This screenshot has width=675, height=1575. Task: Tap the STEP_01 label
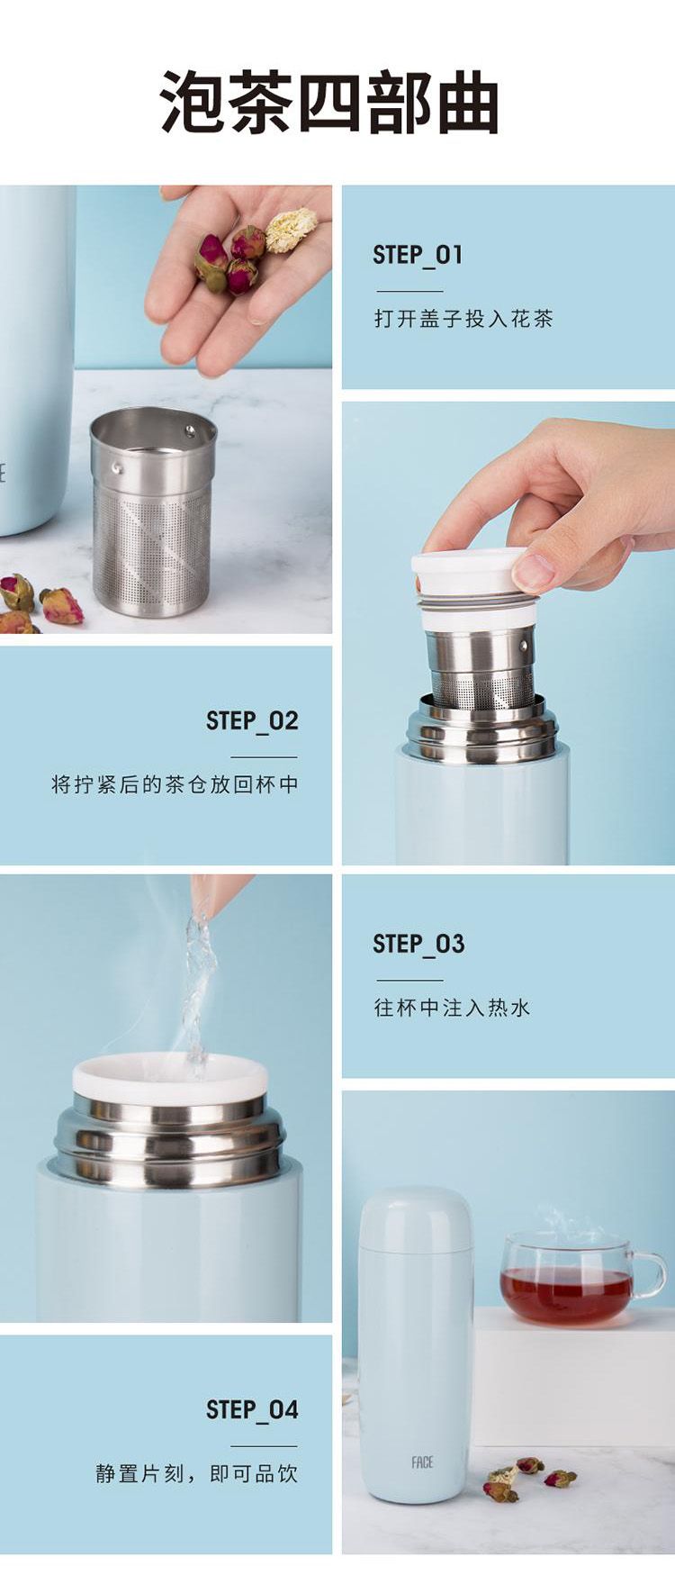(418, 255)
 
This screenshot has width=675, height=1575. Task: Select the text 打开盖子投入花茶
(463, 319)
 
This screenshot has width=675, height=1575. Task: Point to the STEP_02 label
(252, 720)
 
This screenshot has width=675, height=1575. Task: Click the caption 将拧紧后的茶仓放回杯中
(175, 784)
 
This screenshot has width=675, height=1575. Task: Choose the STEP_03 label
(418, 944)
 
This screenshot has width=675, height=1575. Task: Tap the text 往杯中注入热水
(452, 1008)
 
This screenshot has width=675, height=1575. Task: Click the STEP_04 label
(252, 1409)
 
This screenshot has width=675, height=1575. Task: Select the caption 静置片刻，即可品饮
(197, 1473)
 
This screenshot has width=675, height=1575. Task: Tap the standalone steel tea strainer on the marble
(153, 511)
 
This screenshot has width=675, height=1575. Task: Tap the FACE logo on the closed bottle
(422, 1462)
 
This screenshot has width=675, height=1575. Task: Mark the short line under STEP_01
(409, 291)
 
